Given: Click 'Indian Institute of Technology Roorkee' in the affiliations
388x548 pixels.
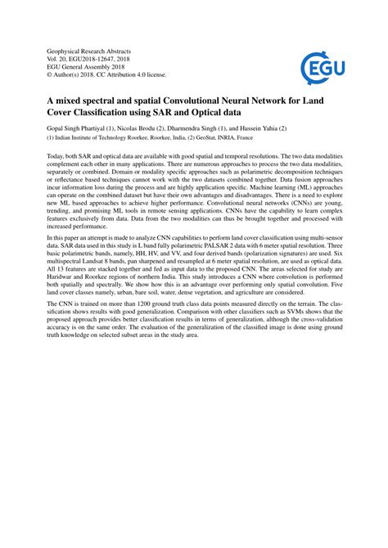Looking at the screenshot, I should (x=97, y=139).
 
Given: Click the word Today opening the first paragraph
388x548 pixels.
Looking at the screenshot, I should (x=56, y=156).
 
